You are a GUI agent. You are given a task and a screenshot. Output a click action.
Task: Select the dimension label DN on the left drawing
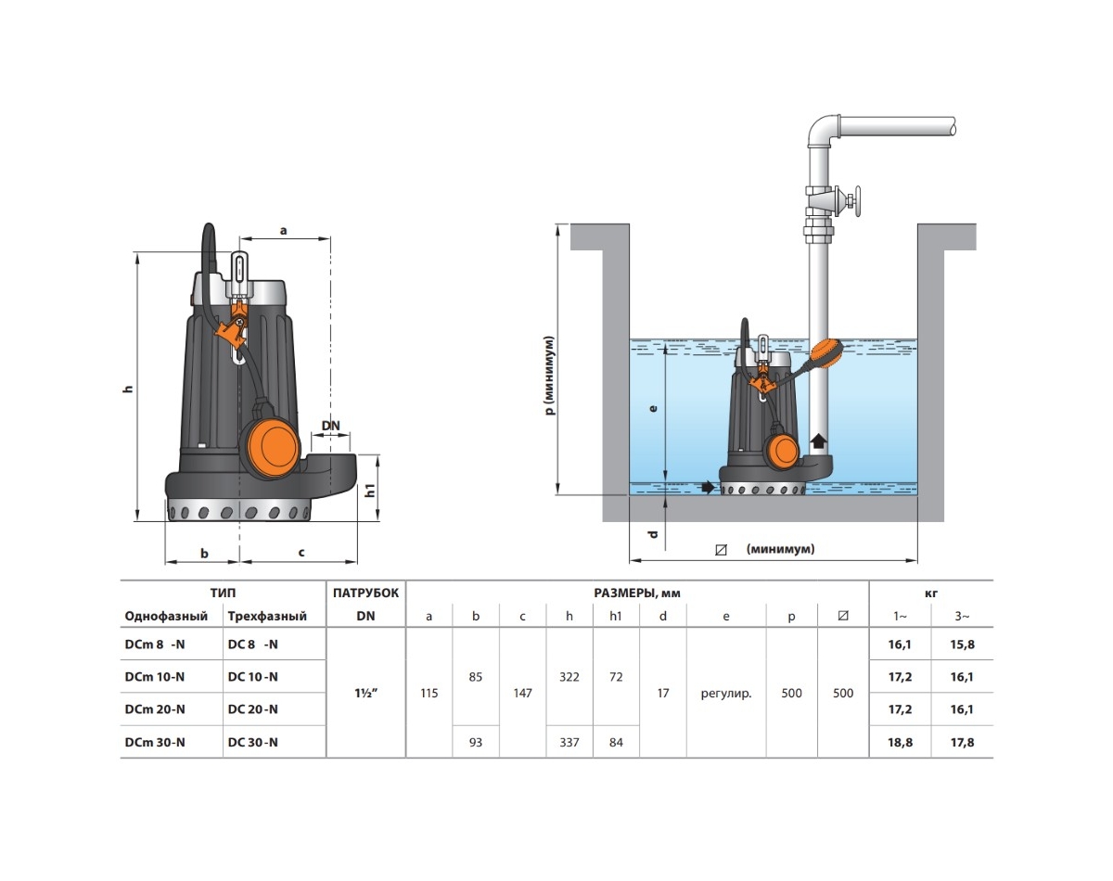[x=330, y=426]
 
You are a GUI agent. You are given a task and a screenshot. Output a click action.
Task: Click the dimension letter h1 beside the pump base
[x=371, y=491]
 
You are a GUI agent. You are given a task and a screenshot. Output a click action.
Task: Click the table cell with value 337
[x=569, y=742]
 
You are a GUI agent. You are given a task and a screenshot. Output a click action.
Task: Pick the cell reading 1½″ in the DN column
[x=365, y=693]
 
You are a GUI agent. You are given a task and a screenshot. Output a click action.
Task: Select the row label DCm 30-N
[x=155, y=742]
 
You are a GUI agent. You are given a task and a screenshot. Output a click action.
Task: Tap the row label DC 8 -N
[x=252, y=644]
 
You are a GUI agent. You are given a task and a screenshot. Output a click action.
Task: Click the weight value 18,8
[x=899, y=742]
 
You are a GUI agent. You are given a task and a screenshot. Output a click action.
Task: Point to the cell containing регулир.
[x=726, y=693]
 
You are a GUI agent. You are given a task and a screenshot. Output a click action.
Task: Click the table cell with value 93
[x=476, y=742]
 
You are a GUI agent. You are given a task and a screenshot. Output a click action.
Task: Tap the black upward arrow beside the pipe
[x=819, y=441]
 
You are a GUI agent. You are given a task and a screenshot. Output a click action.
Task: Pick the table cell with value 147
[x=522, y=693]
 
